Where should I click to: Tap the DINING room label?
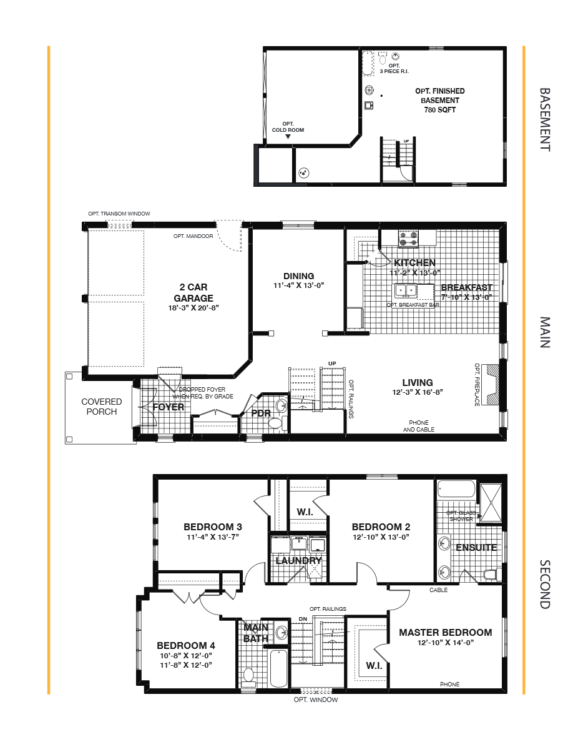[298, 276]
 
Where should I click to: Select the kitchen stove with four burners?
[409, 238]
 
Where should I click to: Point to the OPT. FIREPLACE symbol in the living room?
[492, 383]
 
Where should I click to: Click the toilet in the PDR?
[275, 423]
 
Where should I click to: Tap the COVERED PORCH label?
[101, 407]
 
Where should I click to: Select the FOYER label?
[169, 407]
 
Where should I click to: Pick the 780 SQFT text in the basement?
[439, 110]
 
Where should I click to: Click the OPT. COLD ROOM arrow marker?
[288, 137]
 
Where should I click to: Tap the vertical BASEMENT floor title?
[544, 119]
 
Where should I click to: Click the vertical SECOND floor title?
[544, 584]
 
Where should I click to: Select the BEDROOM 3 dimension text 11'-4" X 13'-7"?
[213, 537]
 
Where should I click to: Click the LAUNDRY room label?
[298, 560]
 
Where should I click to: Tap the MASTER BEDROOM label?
[445, 632]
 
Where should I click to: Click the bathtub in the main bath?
[278, 668]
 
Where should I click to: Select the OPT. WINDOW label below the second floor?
[316, 700]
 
